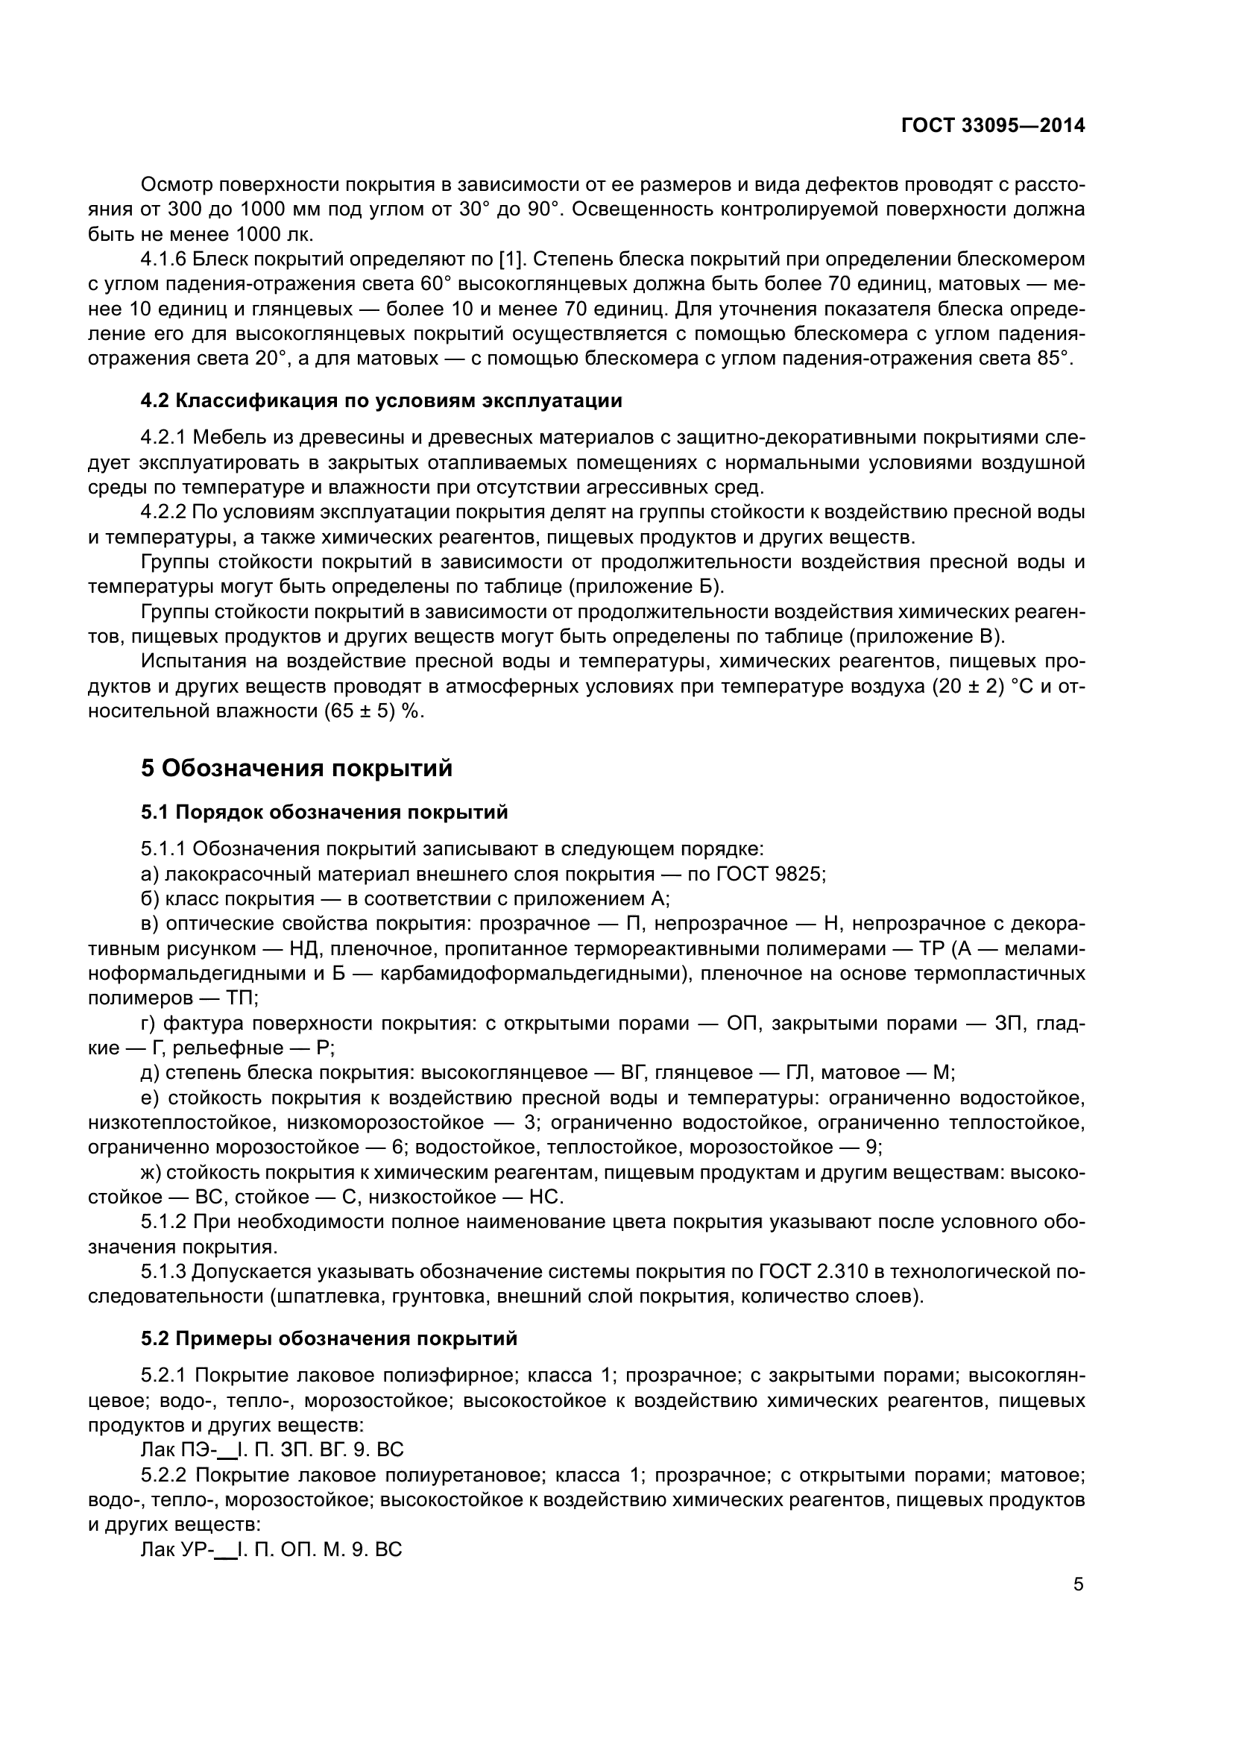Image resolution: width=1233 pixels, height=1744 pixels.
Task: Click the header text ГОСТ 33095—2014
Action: (992, 126)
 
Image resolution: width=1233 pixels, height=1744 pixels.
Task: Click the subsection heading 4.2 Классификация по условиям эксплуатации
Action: (381, 401)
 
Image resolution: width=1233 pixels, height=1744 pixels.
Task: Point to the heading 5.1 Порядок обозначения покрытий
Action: (324, 812)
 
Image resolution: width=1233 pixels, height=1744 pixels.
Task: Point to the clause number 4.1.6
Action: (163, 259)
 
